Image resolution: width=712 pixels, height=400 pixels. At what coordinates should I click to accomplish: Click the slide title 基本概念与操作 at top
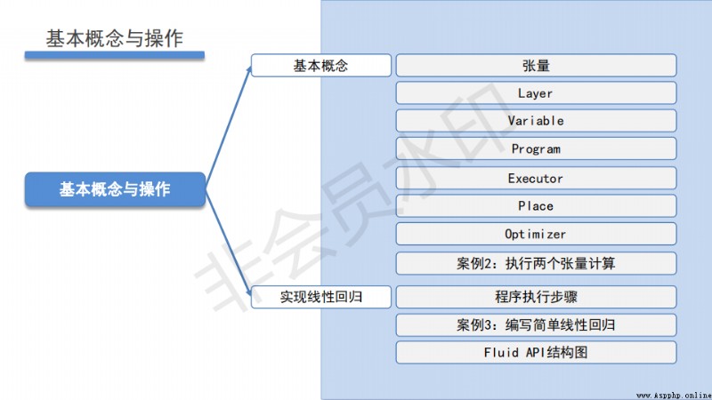point(114,38)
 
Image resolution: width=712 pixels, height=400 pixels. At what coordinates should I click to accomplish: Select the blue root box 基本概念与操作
point(116,189)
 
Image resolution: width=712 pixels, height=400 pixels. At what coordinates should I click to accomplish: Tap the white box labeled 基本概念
point(321,66)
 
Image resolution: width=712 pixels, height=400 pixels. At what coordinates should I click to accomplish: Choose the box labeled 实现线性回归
point(321,297)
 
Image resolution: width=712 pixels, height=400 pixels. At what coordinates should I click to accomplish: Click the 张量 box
point(537,66)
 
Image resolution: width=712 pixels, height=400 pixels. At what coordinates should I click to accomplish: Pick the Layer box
point(537,93)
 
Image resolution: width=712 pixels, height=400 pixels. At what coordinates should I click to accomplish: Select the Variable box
point(537,121)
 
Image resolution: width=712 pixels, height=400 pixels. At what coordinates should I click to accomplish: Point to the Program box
point(537,148)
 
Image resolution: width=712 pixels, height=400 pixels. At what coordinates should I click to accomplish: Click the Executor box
point(537,179)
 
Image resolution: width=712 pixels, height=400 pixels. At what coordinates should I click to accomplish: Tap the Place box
point(537,206)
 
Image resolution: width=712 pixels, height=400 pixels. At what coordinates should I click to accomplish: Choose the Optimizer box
point(537,234)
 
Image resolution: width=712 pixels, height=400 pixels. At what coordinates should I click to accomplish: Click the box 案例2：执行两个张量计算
point(537,263)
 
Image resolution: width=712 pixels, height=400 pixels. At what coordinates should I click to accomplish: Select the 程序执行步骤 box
point(537,297)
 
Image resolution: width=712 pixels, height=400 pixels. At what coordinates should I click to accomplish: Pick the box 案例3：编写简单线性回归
point(537,325)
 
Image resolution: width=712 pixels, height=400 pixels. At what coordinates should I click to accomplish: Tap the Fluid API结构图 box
point(537,352)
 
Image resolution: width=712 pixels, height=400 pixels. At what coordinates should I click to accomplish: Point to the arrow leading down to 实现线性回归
point(229,243)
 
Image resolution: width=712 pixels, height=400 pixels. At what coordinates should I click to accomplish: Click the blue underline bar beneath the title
point(115,55)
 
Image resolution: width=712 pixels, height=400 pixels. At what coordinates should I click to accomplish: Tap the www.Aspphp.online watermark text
point(674,396)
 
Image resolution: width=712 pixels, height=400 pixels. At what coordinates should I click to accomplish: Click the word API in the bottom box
point(536,352)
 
